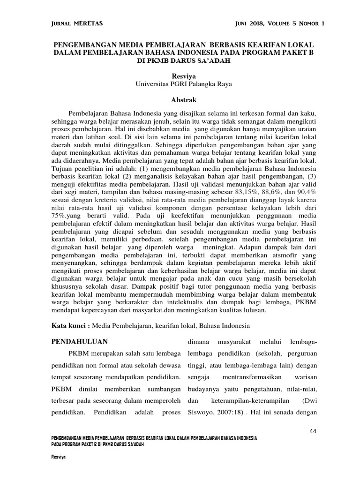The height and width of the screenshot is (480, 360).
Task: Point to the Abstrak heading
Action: click(180, 99)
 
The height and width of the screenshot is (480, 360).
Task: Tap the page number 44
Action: click(314, 431)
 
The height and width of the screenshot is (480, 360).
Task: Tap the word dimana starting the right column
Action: click(198, 342)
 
